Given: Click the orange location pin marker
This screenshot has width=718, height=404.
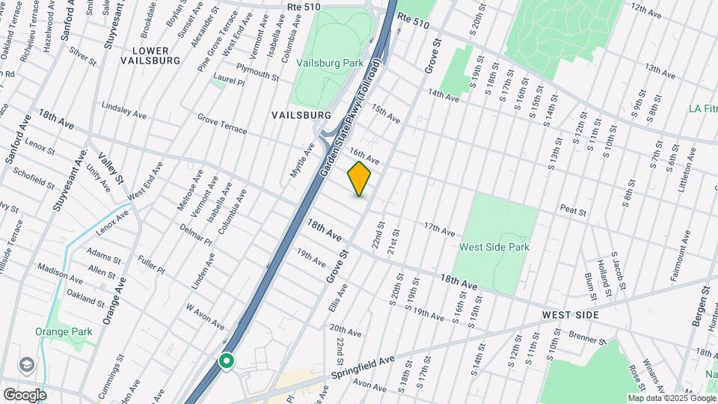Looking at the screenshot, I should (x=359, y=179).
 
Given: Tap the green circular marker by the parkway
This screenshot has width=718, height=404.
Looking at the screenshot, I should (x=227, y=362).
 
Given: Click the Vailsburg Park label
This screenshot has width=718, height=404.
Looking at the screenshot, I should (x=330, y=64).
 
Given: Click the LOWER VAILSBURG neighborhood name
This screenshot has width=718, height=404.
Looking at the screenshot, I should (x=156, y=55).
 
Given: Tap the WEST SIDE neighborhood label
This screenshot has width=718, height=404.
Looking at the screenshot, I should (x=571, y=315).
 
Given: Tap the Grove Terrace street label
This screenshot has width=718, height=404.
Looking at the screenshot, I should (x=222, y=124).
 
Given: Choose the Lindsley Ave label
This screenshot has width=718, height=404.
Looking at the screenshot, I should (x=124, y=110).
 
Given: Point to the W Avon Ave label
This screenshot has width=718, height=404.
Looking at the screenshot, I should (x=205, y=316).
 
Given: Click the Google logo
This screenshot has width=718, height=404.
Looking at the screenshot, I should (x=25, y=394).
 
